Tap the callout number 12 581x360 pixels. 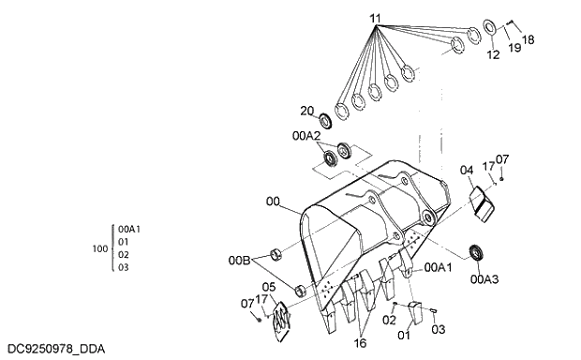(x=493, y=55)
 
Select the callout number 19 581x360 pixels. (x=514, y=46)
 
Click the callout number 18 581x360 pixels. (x=528, y=39)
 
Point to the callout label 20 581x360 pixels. (x=306, y=111)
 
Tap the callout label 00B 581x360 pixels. (x=240, y=260)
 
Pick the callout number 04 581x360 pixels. (x=466, y=170)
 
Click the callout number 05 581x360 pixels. (x=268, y=287)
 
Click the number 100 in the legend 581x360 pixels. (x=100, y=248)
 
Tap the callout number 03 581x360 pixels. (x=439, y=330)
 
